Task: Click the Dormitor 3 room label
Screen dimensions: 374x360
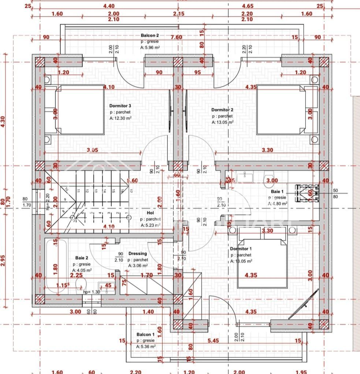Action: (x=120, y=106)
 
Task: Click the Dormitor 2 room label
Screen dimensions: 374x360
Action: (x=222, y=110)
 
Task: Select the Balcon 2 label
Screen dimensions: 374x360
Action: (x=150, y=36)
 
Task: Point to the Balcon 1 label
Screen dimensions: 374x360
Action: (x=145, y=334)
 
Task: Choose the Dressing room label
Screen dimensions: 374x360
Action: (x=138, y=253)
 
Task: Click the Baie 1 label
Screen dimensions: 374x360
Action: (x=277, y=192)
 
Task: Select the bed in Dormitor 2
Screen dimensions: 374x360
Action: (x=280, y=110)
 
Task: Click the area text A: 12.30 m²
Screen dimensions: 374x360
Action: (x=120, y=118)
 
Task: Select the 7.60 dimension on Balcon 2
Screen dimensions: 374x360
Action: (x=177, y=37)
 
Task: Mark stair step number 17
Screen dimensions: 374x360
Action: (x=131, y=190)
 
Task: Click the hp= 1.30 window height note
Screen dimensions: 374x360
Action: (x=91, y=292)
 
